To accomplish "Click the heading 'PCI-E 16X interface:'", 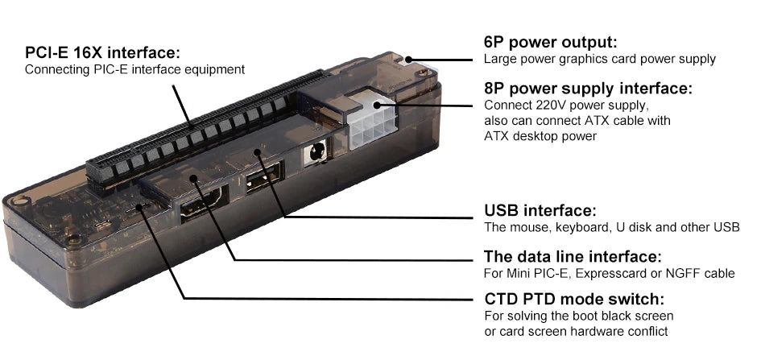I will click(x=102, y=53).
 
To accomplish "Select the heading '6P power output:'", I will click(x=549, y=43).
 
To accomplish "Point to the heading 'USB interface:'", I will click(x=540, y=211).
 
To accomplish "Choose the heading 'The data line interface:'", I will click(x=573, y=257).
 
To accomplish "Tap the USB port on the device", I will click(x=263, y=178).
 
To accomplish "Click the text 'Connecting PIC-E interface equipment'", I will click(x=134, y=70).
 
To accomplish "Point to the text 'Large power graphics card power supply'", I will click(x=599, y=60).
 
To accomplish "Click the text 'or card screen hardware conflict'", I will click(x=576, y=332).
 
